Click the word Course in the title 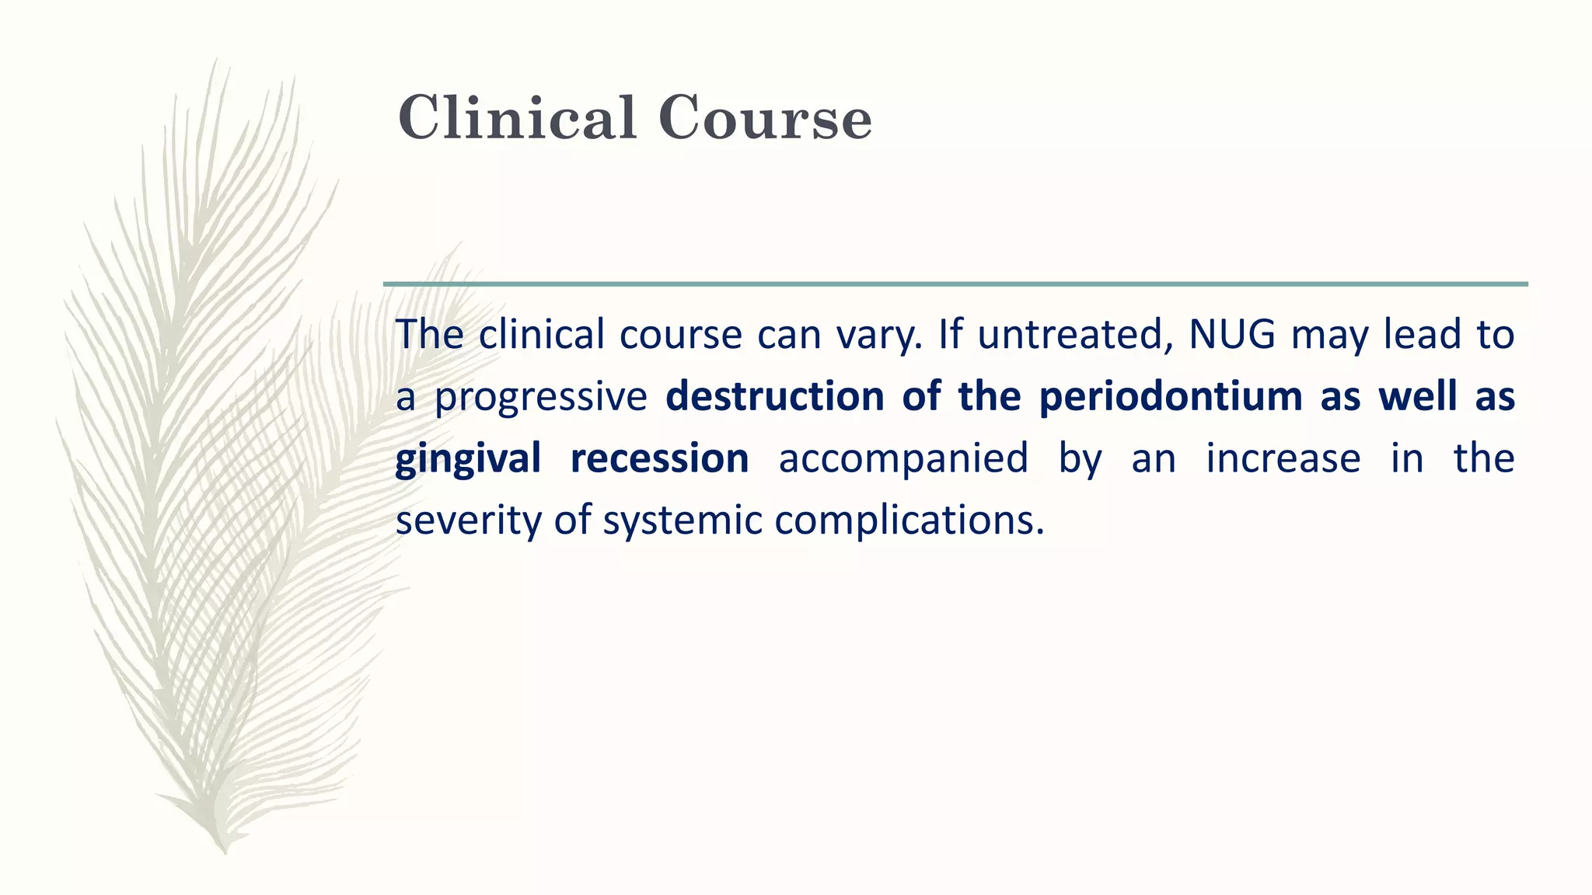point(765,118)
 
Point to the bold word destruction point(775,396)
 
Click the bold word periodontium point(1170,396)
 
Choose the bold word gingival point(468,458)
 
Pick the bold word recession point(659,458)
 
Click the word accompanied point(903,458)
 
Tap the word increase point(1283,458)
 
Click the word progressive point(540,398)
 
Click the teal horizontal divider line point(955,284)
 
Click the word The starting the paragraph point(430,334)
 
